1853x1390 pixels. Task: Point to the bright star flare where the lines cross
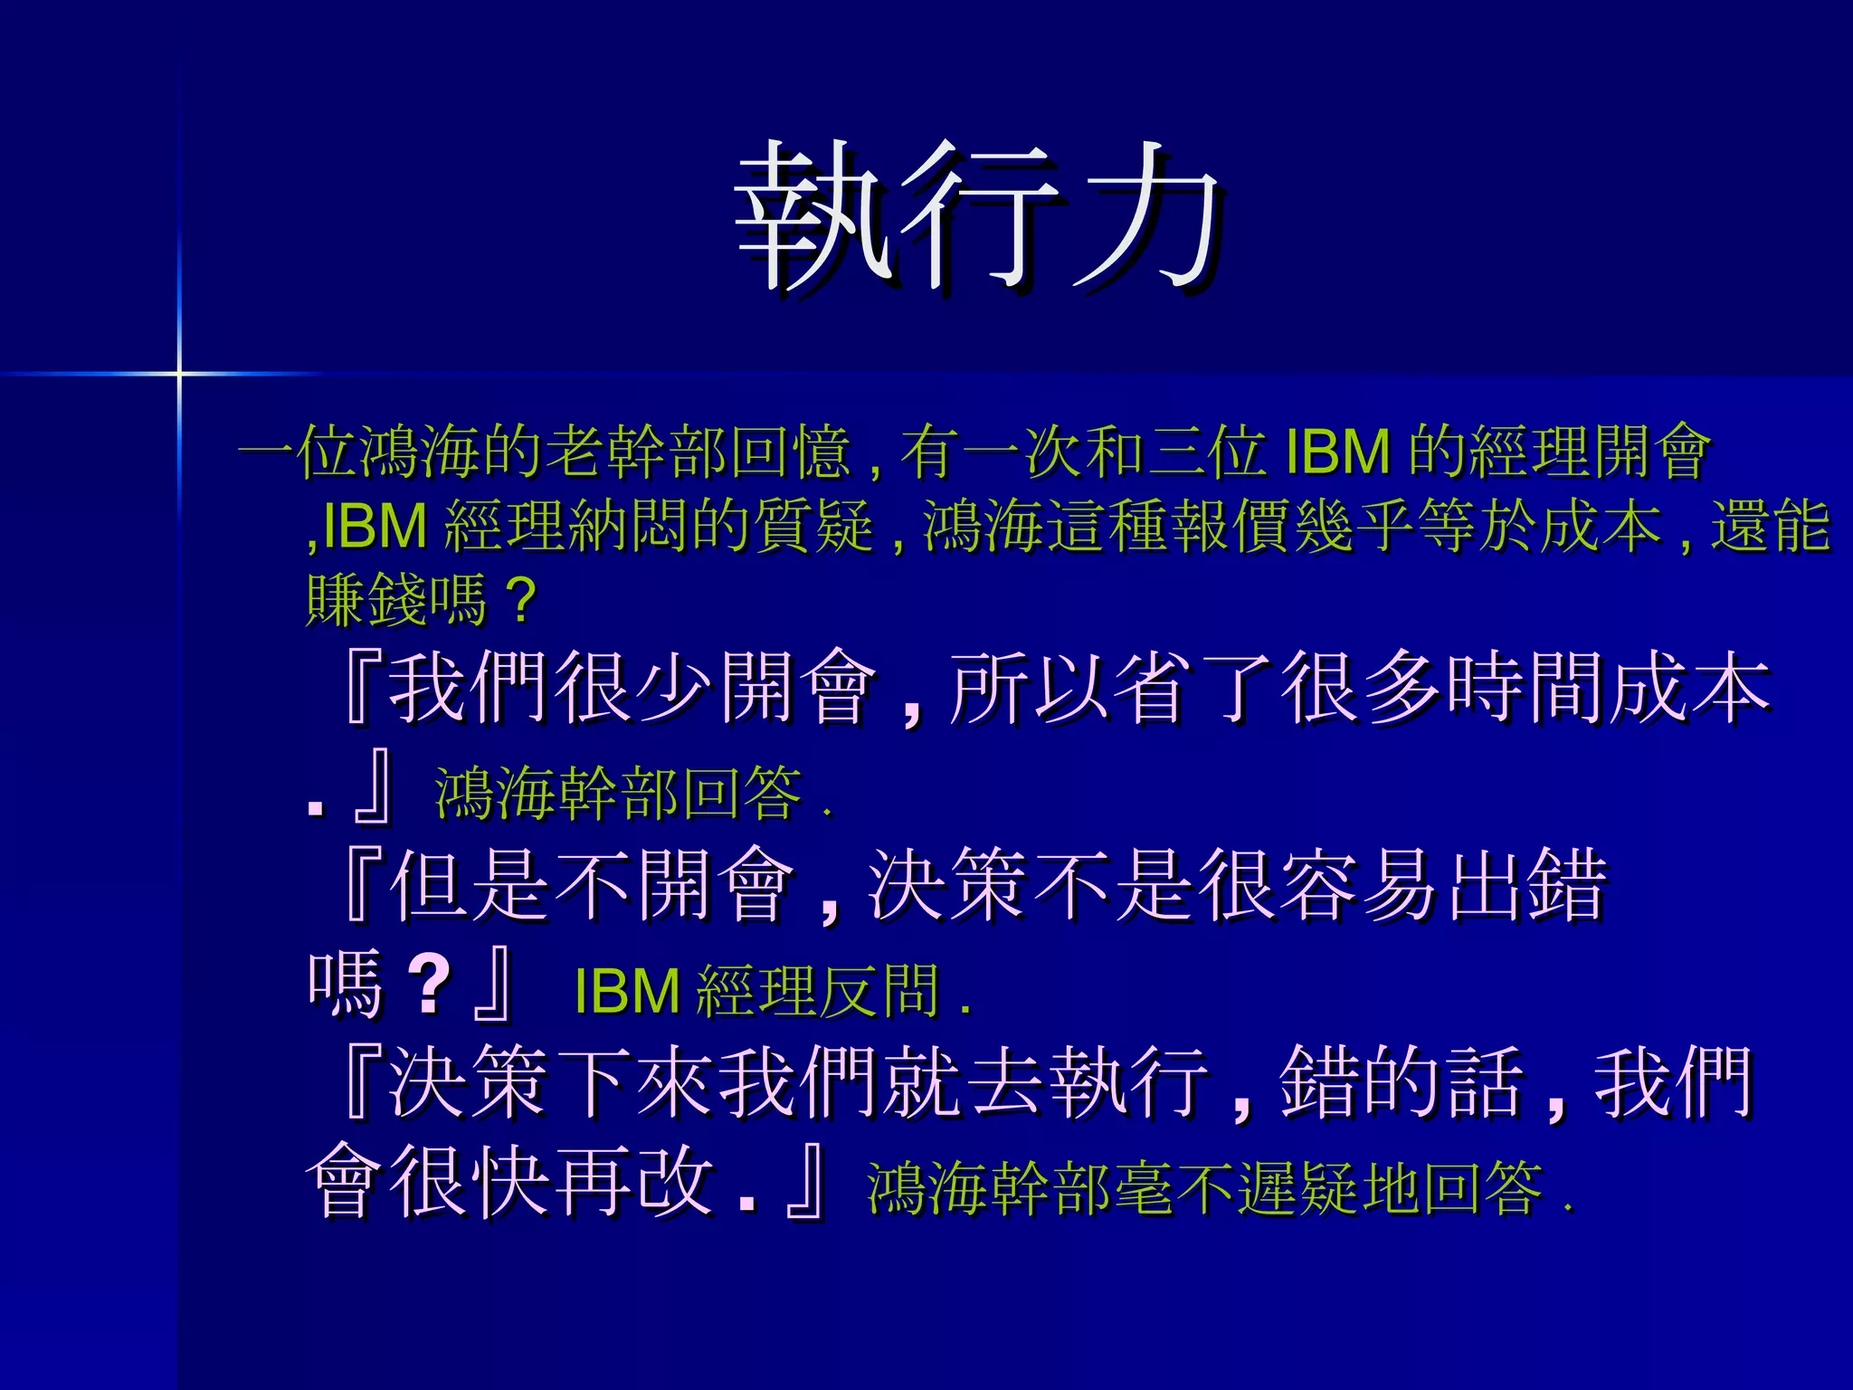(179, 372)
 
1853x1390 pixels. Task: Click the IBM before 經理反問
(627, 991)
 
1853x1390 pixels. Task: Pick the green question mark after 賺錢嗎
(522, 600)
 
